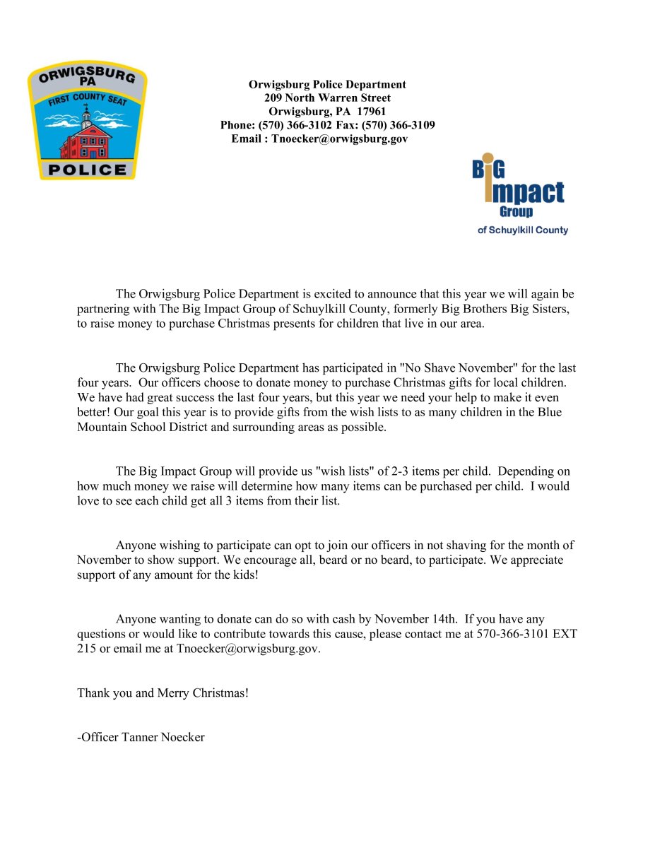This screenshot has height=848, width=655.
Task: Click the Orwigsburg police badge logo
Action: [x=87, y=120]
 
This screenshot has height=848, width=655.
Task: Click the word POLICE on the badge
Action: [x=88, y=170]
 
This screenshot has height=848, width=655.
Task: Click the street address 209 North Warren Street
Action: [x=327, y=98]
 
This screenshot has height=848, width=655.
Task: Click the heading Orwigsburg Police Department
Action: [x=327, y=85]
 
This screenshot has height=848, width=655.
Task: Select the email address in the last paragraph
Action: [x=248, y=649]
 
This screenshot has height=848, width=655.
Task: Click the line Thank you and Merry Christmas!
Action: [x=163, y=693]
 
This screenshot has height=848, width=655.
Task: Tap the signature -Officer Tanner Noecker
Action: [x=141, y=738]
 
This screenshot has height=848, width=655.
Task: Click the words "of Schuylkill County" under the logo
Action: [x=522, y=230]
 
